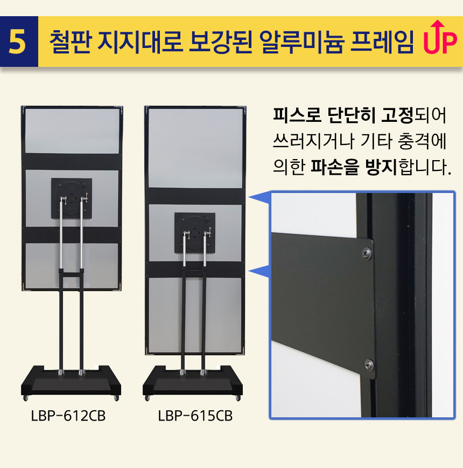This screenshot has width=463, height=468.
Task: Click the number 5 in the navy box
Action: point(17,42)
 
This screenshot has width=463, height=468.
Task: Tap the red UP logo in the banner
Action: point(440,37)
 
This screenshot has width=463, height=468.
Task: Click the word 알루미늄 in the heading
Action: point(302,42)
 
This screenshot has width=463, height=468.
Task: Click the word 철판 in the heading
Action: point(69,42)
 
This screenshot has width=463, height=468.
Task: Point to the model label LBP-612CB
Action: point(68,416)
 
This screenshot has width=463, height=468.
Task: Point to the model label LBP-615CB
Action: point(195,416)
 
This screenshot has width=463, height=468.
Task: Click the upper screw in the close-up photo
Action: point(367,253)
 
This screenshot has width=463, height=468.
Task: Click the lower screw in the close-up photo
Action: point(369,364)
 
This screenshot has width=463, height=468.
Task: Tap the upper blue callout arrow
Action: point(258,198)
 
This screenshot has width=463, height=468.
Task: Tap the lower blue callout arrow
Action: point(258,272)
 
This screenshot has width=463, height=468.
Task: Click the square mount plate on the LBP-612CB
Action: point(72,198)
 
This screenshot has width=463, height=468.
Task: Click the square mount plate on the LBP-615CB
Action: point(195,233)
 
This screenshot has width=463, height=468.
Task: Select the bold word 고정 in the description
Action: point(397,115)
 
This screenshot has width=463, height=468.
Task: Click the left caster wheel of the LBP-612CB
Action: point(26,398)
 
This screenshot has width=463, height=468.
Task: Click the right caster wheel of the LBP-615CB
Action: point(238,398)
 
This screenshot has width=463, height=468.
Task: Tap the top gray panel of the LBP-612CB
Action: point(72,131)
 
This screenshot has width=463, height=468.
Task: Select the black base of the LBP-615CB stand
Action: point(193,381)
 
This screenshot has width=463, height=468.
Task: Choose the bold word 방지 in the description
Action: point(381,167)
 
